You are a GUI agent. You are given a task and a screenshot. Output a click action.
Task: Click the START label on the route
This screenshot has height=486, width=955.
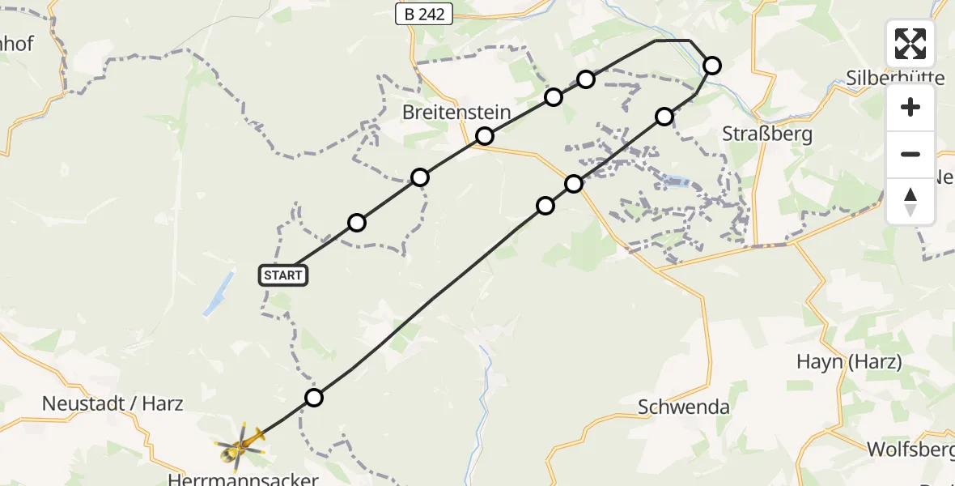[x=283, y=275]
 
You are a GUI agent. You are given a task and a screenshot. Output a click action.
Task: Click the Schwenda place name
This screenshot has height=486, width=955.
[x=683, y=407]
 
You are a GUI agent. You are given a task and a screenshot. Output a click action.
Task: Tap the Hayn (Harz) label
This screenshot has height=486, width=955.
[x=849, y=362]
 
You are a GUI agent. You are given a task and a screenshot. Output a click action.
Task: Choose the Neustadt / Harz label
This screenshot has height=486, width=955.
[x=113, y=403]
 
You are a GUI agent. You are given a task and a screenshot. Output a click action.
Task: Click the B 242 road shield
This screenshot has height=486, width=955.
[x=423, y=14]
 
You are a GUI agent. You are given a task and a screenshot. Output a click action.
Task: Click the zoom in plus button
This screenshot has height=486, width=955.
[x=910, y=108]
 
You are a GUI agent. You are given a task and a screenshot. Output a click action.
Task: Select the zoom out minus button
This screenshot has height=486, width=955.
[x=910, y=154]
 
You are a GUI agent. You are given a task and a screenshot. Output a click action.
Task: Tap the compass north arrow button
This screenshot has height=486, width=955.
[x=910, y=201]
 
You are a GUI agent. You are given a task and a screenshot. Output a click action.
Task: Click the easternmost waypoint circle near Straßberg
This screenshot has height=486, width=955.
[x=711, y=66]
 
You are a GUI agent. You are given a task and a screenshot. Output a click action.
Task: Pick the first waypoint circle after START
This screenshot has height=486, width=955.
[x=357, y=223]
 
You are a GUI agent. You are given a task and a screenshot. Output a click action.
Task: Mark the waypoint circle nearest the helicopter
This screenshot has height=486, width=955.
[x=314, y=398]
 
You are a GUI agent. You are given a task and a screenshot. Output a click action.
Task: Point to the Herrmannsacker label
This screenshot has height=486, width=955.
[x=243, y=480]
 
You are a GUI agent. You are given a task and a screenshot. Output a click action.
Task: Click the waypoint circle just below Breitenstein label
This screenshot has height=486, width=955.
[x=484, y=136]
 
